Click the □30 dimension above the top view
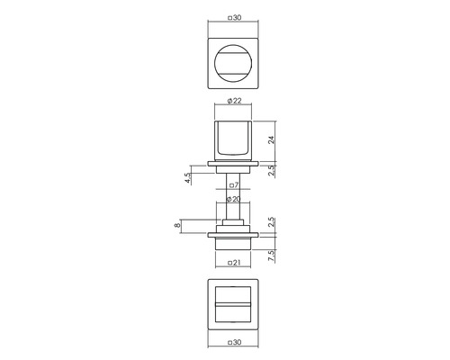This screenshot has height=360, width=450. pyautogui.click(x=234, y=18)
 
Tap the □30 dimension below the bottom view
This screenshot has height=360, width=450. pyautogui.click(x=234, y=342)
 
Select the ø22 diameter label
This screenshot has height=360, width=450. pyautogui.click(x=234, y=101)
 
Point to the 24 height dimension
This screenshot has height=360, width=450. pyautogui.click(x=271, y=139)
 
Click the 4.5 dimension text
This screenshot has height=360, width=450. pyautogui.click(x=188, y=178)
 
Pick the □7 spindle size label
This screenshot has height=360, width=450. pyautogui.click(x=234, y=185)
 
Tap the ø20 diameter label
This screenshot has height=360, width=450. pyautogui.click(x=233, y=199)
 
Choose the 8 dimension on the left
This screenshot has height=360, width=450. pyautogui.click(x=177, y=224)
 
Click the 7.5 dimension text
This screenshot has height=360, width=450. pyautogui.click(x=271, y=256)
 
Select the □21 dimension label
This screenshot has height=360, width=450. pyautogui.click(x=234, y=263)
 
